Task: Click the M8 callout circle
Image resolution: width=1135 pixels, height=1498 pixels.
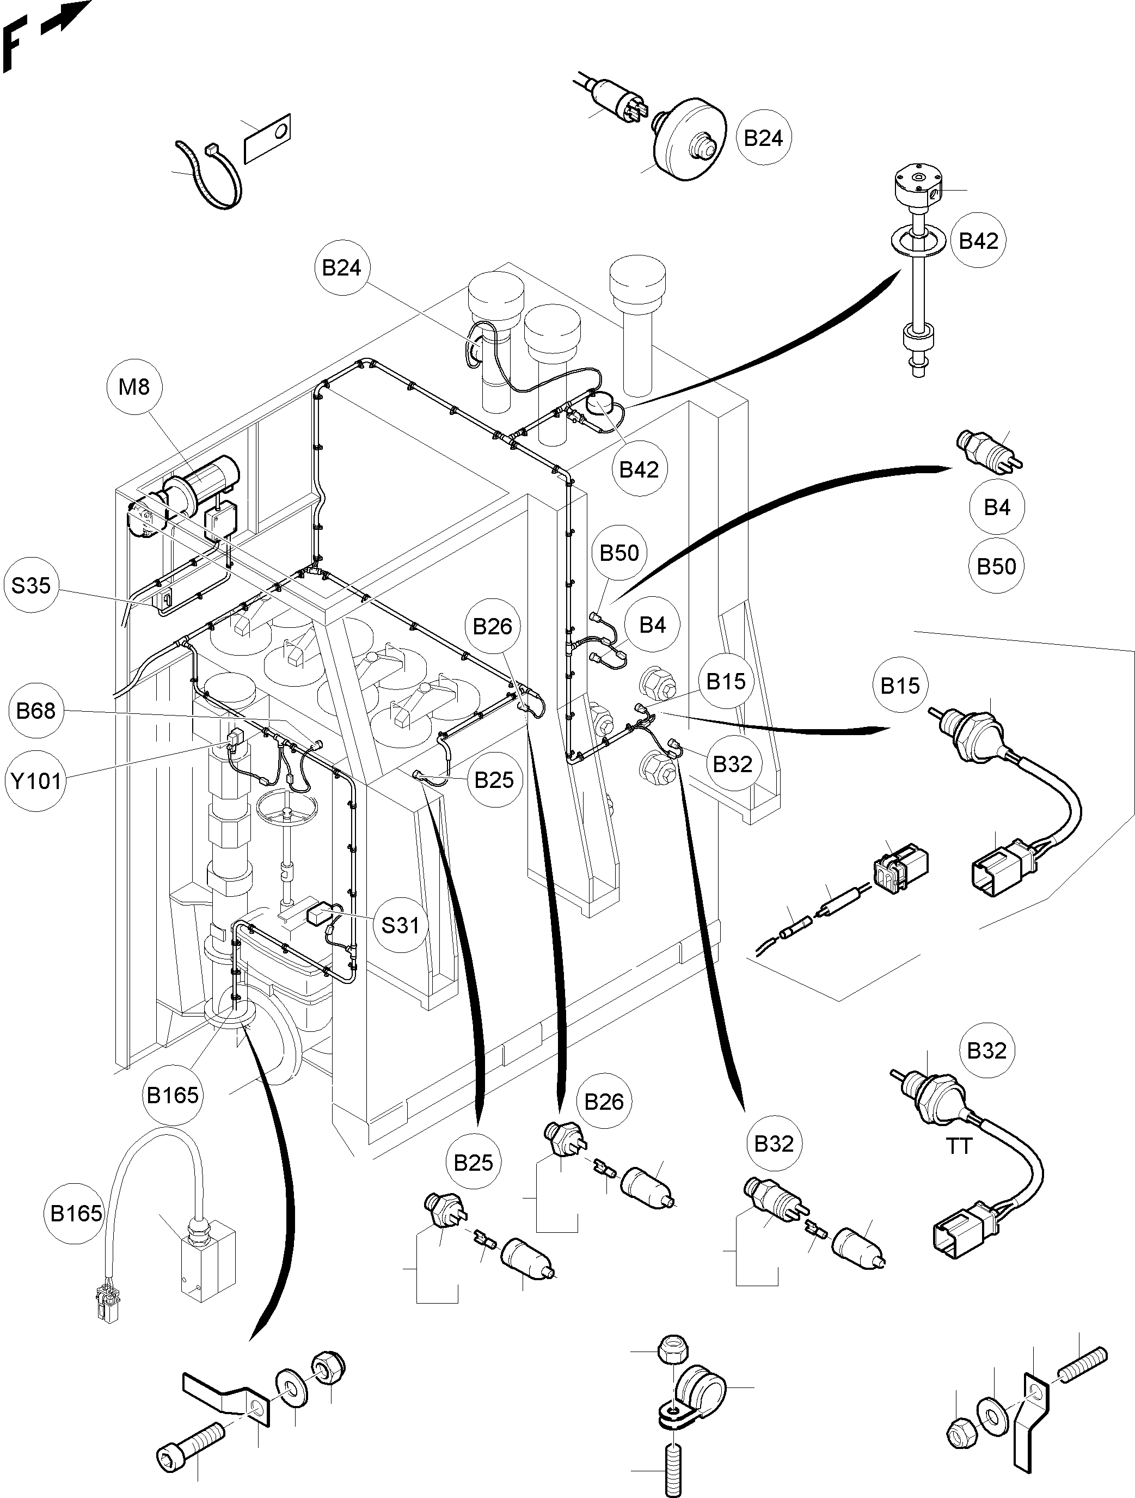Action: (x=133, y=387)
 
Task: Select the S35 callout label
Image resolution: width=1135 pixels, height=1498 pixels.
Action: (x=31, y=585)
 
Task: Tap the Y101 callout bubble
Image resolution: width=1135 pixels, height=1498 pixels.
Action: (x=36, y=781)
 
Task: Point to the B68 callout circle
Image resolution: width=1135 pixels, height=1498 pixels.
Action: (x=36, y=711)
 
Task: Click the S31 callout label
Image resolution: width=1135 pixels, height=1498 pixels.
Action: (x=400, y=925)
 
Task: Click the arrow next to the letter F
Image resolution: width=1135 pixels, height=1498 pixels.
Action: (x=66, y=19)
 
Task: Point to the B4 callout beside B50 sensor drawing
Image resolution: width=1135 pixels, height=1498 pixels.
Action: (x=997, y=508)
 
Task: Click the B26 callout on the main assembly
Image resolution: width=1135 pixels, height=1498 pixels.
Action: (x=492, y=626)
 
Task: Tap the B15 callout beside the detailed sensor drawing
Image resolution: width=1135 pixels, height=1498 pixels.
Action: (x=899, y=686)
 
